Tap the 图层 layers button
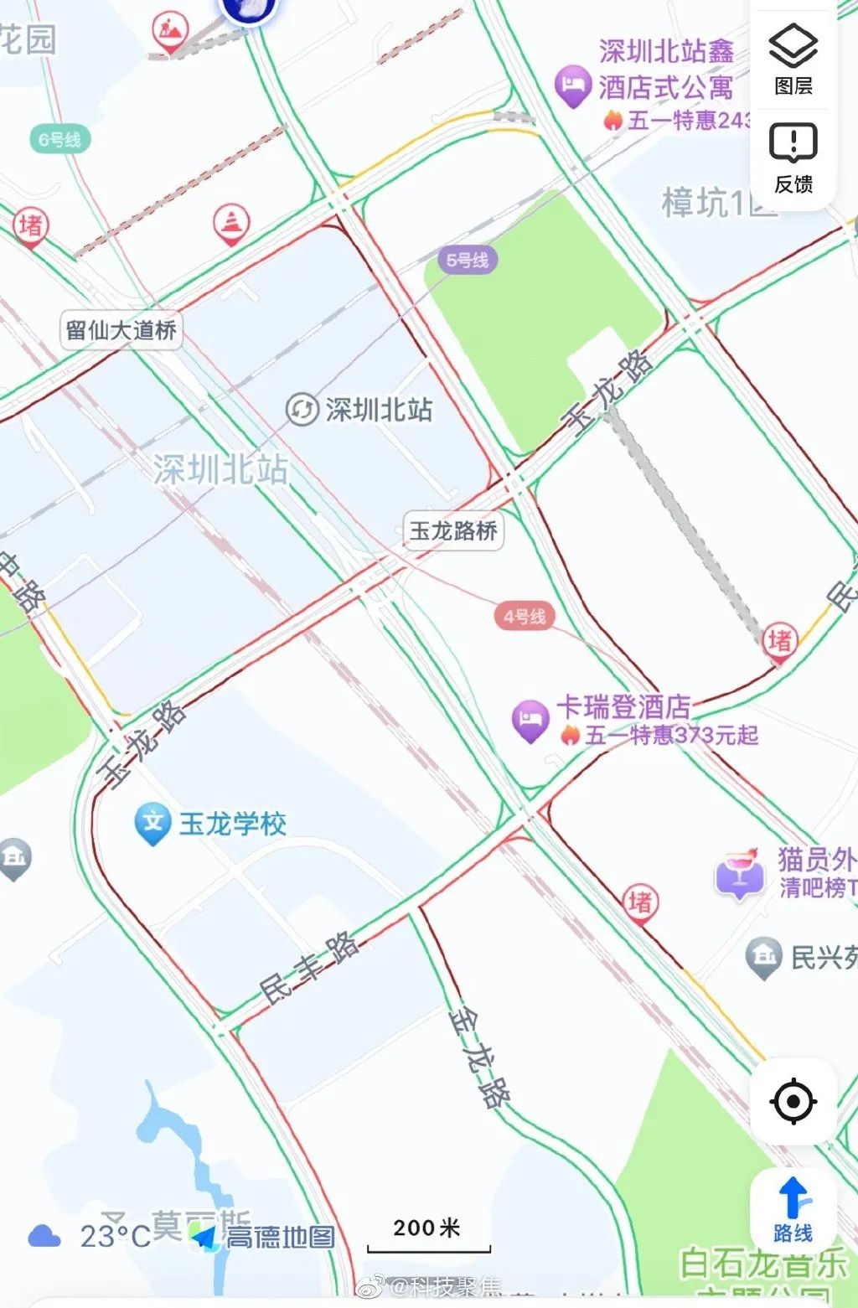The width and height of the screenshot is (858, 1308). click(x=793, y=59)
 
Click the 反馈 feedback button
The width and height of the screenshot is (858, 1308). click(x=793, y=157)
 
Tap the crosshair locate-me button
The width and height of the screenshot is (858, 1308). click(x=793, y=1101)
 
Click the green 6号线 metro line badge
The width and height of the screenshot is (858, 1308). click(x=60, y=139)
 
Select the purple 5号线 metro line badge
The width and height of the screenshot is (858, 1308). click(x=467, y=260)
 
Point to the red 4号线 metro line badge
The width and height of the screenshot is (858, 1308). click(x=525, y=617)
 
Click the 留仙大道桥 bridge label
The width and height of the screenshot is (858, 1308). click(x=121, y=329)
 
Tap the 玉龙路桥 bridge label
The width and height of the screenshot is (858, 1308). click(x=453, y=530)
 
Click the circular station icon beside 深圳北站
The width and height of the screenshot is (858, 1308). click(x=302, y=410)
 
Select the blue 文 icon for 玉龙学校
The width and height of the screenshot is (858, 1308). click(x=152, y=822)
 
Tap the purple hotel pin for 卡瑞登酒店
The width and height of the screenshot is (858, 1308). click(x=530, y=719)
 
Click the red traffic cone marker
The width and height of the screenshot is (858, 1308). click(x=230, y=222)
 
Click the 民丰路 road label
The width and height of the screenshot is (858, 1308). click(x=308, y=968)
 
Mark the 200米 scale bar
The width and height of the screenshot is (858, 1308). click(x=428, y=1237)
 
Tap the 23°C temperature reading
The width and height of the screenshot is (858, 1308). click(x=115, y=1237)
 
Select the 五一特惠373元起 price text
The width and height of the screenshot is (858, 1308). click(x=671, y=736)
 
